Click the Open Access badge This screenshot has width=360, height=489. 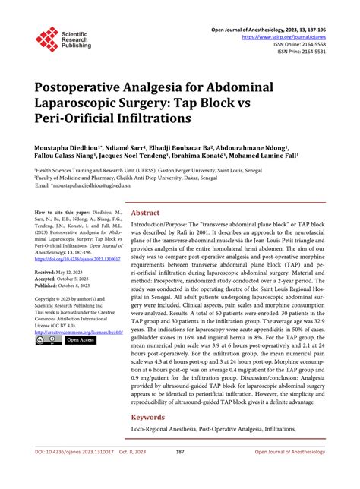click(x=79, y=339)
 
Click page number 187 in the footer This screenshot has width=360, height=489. click(x=180, y=472)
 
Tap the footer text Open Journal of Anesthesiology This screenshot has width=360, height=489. click(x=298, y=472)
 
